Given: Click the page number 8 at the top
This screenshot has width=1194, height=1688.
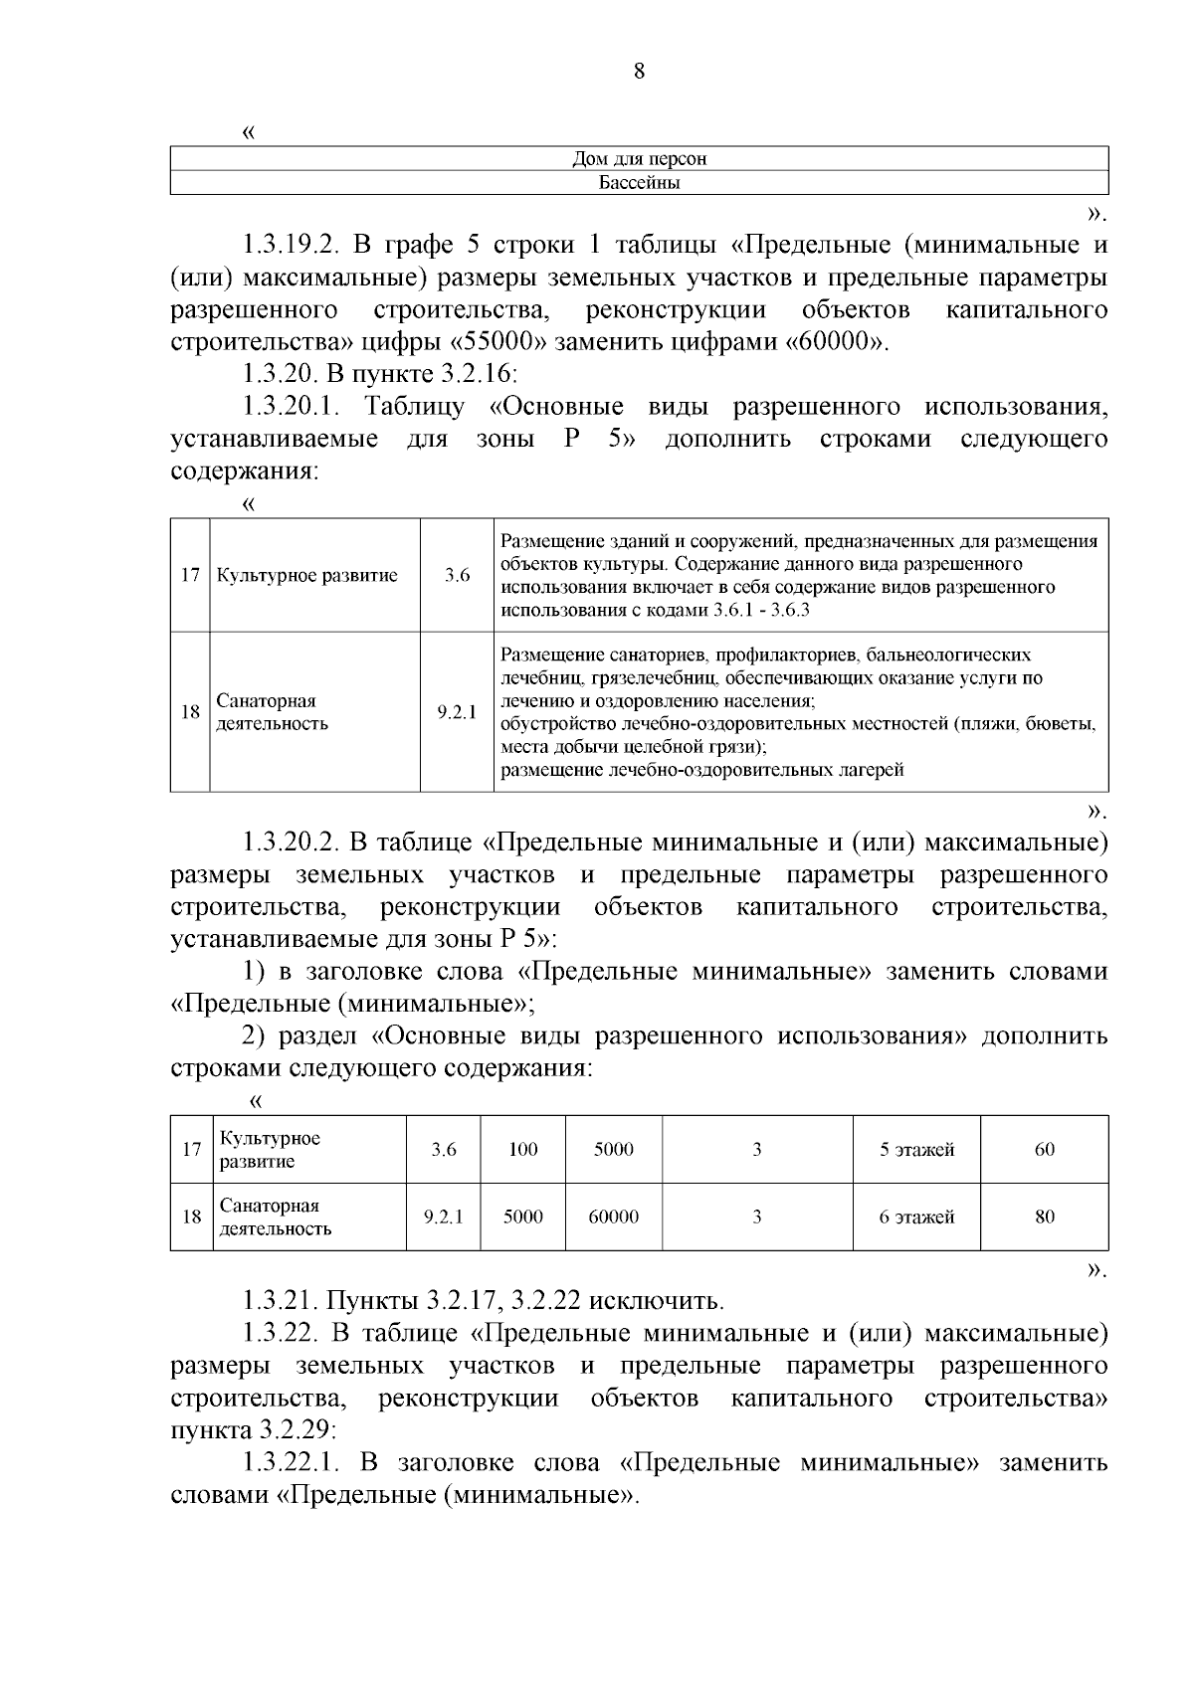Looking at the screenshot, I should (639, 71).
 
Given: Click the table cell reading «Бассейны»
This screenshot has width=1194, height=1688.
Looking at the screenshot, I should (639, 183).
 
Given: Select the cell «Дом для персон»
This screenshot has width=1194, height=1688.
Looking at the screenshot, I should (639, 159).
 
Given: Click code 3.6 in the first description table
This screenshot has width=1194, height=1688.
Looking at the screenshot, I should (457, 575).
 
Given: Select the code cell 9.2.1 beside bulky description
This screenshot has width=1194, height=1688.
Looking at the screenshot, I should (457, 712).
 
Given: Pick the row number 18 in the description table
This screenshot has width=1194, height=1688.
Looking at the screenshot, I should (189, 712).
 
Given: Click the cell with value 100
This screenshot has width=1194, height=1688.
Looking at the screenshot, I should (522, 1150).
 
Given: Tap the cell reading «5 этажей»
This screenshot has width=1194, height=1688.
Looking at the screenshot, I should (915, 1150).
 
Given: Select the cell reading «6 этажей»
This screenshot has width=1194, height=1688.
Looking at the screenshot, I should (915, 1217).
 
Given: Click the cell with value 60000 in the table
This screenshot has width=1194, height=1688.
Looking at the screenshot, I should (613, 1217).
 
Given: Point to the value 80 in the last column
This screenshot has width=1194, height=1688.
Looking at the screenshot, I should (1044, 1217).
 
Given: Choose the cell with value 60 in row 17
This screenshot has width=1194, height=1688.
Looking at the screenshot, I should (1044, 1150).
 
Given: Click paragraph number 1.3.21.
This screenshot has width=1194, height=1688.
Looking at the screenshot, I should (280, 1301).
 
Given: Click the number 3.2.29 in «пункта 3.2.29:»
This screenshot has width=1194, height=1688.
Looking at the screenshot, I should (296, 1431).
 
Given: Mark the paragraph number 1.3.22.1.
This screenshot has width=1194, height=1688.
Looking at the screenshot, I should (293, 1463).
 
